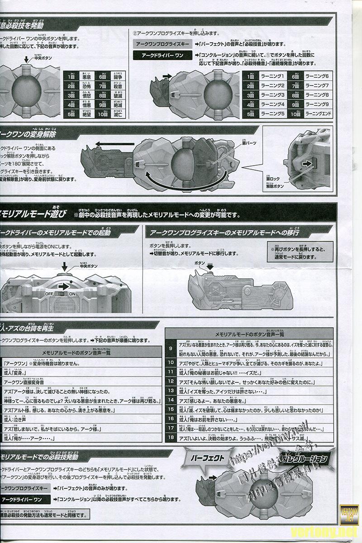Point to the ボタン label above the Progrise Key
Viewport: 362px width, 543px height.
(200, 263)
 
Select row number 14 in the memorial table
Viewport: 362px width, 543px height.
(171, 400)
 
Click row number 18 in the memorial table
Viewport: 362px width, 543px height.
(171, 438)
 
